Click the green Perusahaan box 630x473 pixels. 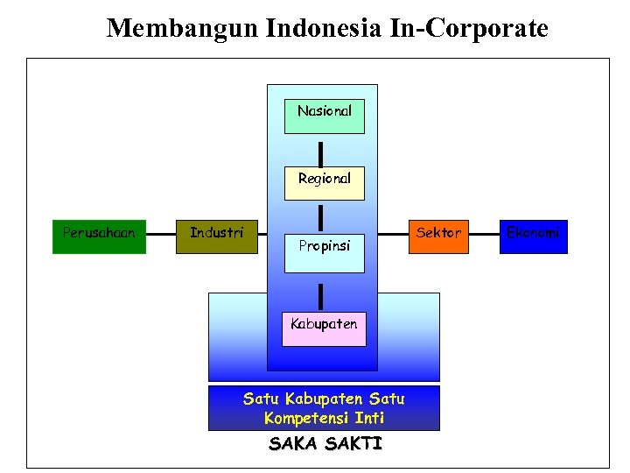click(99, 236)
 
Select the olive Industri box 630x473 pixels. click(216, 236)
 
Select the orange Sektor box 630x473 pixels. click(438, 236)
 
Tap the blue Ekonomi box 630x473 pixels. click(533, 236)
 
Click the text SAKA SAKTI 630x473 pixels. click(325, 444)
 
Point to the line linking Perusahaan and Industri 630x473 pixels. click(161, 235)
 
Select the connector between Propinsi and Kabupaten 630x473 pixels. click(321, 297)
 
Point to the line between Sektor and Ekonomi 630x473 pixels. click(484, 235)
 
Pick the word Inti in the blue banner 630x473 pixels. click(369, 418)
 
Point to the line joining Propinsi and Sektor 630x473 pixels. click(393, 235)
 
